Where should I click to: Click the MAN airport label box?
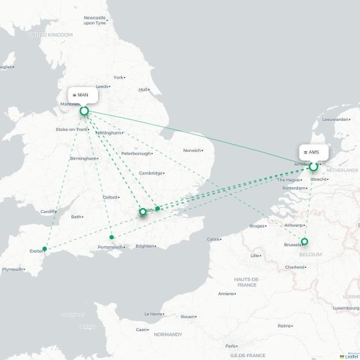click(83, 94)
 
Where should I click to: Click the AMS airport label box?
click(313, 152)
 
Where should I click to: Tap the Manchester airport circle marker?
click(84, 111)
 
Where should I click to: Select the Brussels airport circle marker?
click(305, 241)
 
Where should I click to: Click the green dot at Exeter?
click(45, 249)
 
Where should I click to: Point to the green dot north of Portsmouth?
click(111, 237)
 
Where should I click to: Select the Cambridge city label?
click(151, 173)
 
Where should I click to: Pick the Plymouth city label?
click(12, 269)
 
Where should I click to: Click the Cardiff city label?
click(48, 212)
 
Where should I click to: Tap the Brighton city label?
click(145, 246)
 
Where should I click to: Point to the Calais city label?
click(214, 239)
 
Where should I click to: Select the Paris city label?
click(230, 346)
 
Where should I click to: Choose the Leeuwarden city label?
click(335, 120)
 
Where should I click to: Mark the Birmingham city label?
click(83, 158)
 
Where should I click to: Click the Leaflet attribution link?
click(351, 356)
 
